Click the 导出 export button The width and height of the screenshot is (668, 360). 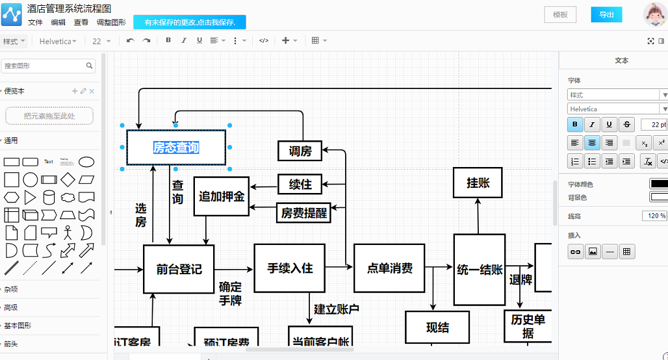[606, 14]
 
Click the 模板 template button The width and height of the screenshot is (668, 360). [559, 14]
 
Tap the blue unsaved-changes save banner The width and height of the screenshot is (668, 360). [189, 22]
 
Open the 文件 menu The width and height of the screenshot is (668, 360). [35, 22]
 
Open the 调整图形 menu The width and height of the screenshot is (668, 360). [111, 22]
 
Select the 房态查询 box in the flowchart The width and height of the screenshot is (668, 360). [176, 148]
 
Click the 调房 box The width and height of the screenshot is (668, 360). [300, 151]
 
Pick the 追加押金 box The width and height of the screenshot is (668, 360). [222, 196]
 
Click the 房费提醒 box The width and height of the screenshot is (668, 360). [303, 212]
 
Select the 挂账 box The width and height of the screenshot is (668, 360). [478, 183]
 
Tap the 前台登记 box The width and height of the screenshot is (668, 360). [179, 268]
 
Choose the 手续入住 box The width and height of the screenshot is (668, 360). [290, 268]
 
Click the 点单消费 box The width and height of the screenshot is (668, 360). [389, 268]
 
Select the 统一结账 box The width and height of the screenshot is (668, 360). [480, 269]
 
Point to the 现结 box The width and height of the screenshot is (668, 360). [437, 327]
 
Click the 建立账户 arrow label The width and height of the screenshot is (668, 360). [336, 309]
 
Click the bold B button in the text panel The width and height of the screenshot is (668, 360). [575, 124]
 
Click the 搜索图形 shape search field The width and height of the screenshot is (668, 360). [44, 66]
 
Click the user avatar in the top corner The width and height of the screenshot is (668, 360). [654, 14]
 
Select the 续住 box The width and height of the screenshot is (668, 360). [300, 184]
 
